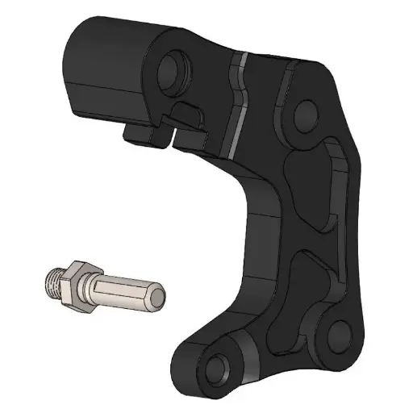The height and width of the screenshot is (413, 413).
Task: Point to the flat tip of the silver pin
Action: click(160, 298)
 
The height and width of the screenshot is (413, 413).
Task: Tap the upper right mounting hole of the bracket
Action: click(306, 117)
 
